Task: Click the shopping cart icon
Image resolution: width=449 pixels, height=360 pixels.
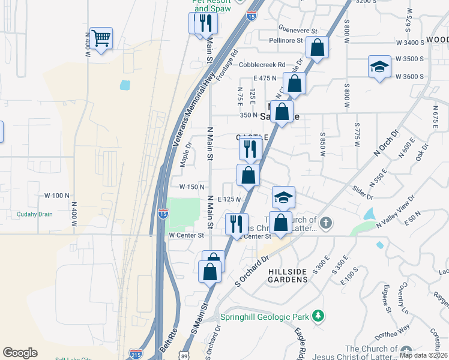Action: pos(101,38)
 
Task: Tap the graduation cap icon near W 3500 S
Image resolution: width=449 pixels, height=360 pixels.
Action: pos(379,67)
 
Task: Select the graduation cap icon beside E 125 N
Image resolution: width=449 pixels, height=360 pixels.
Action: pos(284,197)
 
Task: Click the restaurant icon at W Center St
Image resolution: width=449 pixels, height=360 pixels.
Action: pos(237,224)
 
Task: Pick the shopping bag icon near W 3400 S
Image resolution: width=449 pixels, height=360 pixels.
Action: pos(316,47)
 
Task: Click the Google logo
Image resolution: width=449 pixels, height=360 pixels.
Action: pos(20,353)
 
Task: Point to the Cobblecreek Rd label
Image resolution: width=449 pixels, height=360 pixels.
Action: pos(262,65)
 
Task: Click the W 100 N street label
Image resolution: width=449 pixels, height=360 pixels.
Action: pos(58,196)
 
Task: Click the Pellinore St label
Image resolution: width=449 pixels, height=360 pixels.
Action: pos(286,41)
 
